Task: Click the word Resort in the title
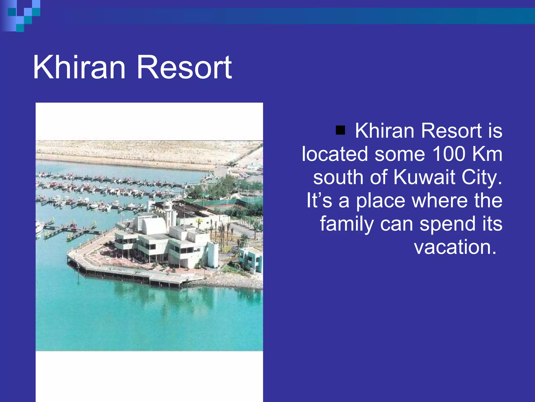click(184, 67)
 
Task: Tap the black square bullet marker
click(340, 130)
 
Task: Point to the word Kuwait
click(424, 177)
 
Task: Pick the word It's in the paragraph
click(319, 200)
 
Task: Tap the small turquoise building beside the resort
click(250, 259)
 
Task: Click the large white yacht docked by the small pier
click(39, 226)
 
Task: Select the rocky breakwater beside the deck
click(230, 283)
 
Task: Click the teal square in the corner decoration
click(20, 28)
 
